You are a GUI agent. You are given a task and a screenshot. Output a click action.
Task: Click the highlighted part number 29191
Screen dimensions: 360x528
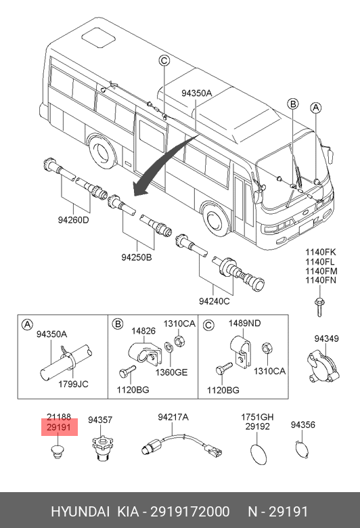tap(59, 427)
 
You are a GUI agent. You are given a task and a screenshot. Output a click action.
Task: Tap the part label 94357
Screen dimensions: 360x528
tap(100, 420)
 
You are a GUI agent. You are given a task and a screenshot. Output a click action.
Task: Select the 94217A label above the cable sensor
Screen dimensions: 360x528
tap(173, 417)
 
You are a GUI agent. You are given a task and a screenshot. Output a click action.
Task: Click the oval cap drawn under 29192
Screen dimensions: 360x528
tap(258, 454)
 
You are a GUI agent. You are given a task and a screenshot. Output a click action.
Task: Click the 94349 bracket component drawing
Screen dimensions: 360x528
tap(323, 366)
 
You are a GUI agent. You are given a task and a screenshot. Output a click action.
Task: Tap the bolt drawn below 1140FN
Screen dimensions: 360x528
tap(319, 307)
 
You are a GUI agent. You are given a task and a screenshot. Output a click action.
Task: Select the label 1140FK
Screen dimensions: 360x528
tap(321, 252)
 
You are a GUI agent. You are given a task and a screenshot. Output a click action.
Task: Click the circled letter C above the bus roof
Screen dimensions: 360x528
tap(164, 61)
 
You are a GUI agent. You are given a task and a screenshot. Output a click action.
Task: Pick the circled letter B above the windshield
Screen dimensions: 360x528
tap(293, 104)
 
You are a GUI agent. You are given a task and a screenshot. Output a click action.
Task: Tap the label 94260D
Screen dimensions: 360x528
tap(73, 220)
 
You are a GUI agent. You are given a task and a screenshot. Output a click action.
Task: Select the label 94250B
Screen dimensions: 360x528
tap(137, 257)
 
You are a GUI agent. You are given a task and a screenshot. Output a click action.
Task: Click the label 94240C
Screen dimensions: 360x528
tap(215, 301)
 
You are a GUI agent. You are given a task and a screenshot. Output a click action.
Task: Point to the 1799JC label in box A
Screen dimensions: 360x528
tap(73, 384)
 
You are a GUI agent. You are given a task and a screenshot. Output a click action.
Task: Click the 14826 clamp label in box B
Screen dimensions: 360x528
tap(143, 331)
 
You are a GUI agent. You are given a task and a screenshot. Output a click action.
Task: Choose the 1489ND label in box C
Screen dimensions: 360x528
tap(244, 324)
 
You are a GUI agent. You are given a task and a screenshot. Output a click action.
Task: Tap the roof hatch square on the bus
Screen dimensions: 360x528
tap(98, 37)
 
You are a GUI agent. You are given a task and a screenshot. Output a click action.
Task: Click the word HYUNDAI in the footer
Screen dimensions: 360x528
tap(80, 512)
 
